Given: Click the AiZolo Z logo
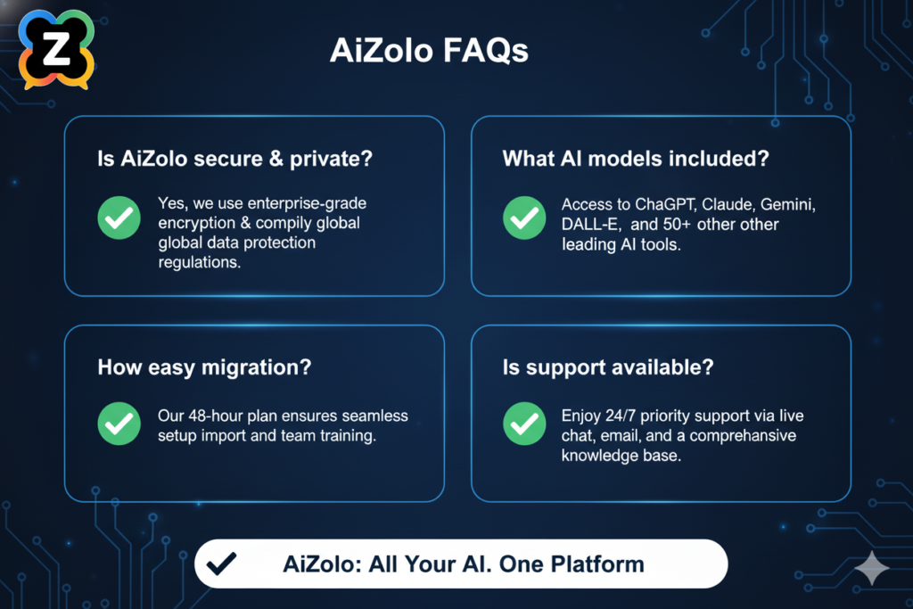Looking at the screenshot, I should tap(56, 49).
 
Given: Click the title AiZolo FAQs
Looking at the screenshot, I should tap(429, 51).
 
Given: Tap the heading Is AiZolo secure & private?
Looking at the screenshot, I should tap(234, 160).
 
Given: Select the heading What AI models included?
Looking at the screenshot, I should tap(637, 160).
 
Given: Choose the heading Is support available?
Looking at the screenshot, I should tap(607, 367).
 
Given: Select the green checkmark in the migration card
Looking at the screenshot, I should tap(119, 424).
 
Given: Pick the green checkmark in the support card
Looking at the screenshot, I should tap(524, 424).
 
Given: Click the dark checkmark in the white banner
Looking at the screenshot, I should tap(220, 564).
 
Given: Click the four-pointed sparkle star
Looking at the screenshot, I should tap(870, 568).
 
